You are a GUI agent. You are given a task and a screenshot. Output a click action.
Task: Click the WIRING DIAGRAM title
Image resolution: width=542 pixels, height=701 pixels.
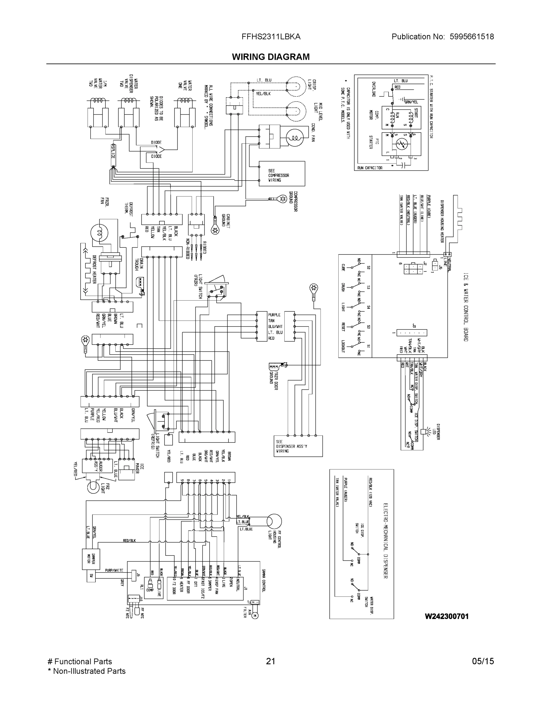click(x=271, y=57)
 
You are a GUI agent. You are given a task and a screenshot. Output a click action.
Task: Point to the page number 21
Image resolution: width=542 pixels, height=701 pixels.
click(x=271, y=661)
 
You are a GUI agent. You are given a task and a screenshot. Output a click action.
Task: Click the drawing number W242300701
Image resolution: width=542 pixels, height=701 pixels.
click(x=447, y=616)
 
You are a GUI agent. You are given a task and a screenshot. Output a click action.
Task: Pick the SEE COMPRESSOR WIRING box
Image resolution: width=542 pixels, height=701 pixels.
click(x=282, y=174)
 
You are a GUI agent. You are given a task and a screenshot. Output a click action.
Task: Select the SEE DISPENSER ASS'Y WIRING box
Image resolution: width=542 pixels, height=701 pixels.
click(x=298, y=446)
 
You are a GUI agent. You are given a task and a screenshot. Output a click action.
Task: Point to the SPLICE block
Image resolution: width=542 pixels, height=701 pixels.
click(x=113, y=155)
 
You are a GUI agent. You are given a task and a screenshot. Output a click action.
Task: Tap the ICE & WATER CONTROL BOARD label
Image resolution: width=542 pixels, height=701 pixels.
click(x=465, y=306)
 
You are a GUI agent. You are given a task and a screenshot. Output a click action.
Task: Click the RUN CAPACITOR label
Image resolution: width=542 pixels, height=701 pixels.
click(x=370, y=168)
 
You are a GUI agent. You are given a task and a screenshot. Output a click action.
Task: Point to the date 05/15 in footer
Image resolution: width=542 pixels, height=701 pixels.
click(x=483, y=661)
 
